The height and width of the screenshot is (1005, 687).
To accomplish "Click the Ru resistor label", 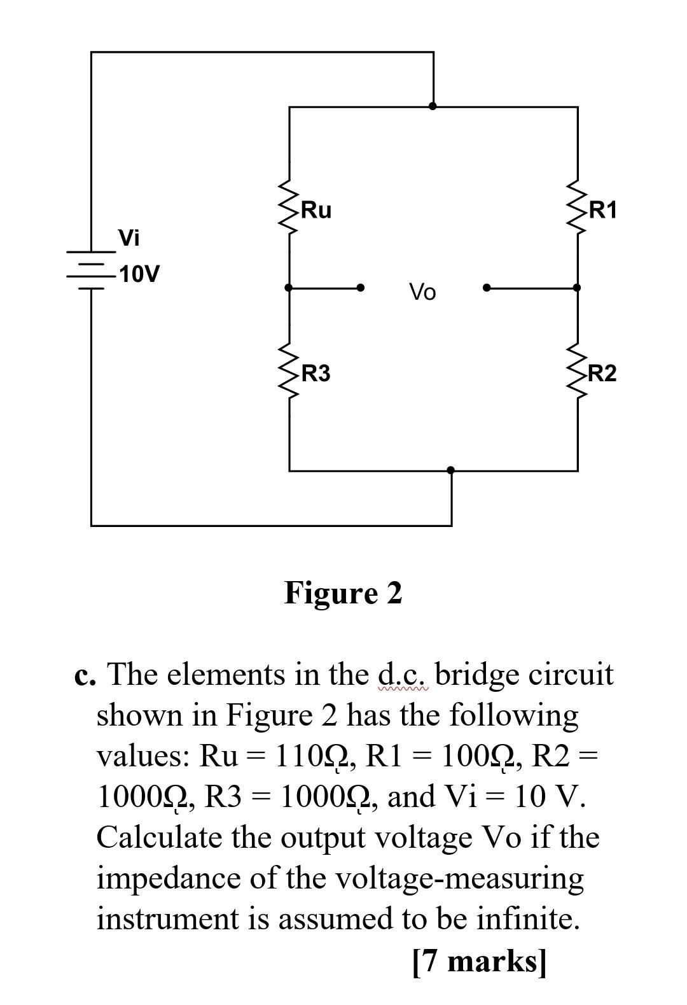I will click(x=316, y=210).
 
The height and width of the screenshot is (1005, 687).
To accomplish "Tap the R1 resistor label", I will click(x=603, y=210).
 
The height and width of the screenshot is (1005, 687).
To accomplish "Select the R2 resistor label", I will click(x=602, y=374).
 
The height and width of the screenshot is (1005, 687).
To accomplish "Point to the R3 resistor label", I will click(x=316, y=374).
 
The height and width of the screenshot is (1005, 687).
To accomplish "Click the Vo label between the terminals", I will click(x=423, y=293).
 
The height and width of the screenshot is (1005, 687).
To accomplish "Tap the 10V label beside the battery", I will click(x=140, y=275).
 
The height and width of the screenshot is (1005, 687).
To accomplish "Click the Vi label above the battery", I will click(x=129, y=238).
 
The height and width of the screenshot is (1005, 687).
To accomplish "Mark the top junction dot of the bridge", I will click(x=433, y=106).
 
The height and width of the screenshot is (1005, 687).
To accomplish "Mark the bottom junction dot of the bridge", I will click(x=451, y=470).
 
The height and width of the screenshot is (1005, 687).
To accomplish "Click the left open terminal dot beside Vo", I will click(x=361, y=288).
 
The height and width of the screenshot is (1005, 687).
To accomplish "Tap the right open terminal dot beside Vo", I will click(x=487, y=288).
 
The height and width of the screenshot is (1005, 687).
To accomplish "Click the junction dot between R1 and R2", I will click(x=577, y=288).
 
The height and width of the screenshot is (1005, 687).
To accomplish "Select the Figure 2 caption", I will click(x=343, y=593).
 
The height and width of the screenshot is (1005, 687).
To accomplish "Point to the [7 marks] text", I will click(x=479, y=961).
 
